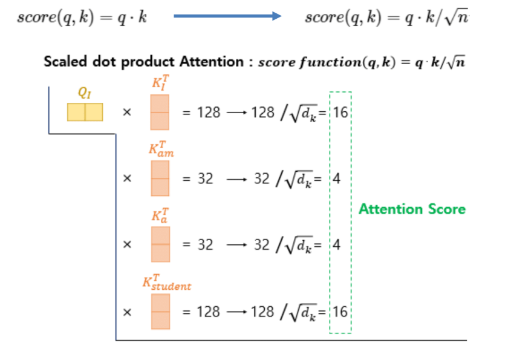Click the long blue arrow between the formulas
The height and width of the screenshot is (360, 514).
(x=227, y=16)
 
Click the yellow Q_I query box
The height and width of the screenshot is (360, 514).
(x=85, y=112)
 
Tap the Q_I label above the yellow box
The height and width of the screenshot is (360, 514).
(x=85, y=94)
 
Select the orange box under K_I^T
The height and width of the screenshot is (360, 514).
(x=160, y=112)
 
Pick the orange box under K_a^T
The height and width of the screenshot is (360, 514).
(x=160, y=244)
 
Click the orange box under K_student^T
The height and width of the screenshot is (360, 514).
(x=160, y=312)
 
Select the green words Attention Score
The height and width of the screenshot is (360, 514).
(x=412, y=209)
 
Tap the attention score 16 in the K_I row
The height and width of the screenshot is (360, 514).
(x=340, y=113)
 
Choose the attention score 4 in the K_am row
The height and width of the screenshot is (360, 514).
(x=337, y=179)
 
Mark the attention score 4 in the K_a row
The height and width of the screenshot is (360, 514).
(x=337, y=245)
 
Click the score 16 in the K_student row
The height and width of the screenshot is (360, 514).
(x=340, y=312)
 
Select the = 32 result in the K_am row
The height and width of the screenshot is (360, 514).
(x=198, y=179)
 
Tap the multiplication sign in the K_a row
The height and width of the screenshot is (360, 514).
(x=127, y=245)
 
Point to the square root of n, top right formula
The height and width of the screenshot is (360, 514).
(x=457, y=18)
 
